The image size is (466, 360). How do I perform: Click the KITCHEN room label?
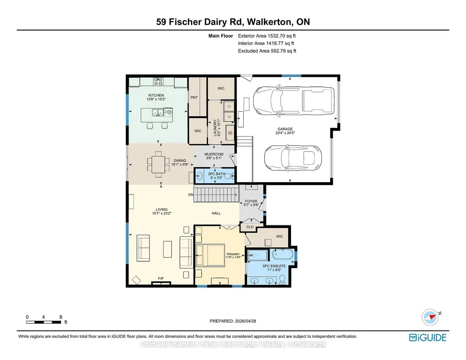pyautogui.click(x=156, y=95)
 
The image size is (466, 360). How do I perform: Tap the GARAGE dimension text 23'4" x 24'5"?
pyautogui.click(x=285, y=133)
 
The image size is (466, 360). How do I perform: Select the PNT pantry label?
pyautogui.click(x=194, y=97)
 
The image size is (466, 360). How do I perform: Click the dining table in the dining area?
pyautogui.click(x=158, y=164)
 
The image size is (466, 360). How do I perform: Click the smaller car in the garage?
pyautogui.click(x=293, y=158)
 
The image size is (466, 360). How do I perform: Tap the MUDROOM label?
pyautogui.click(x=214, y=154)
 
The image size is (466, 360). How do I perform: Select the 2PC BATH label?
pyautogui.click(x=216, y=174)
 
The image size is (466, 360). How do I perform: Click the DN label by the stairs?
pyautogui.click(x=191, y=195)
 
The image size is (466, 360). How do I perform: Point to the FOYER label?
pyautogui.click(x=251, y=201)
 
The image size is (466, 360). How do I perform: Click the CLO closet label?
pyautogui.click(x=250, y=227)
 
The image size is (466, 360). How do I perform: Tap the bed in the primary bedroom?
pyautogui.click(x=210, y=255)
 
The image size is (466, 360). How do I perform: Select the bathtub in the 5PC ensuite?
pyautogui.click(x=283, y=255)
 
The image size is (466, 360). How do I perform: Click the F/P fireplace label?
pyautogui.click(x=161, y=279)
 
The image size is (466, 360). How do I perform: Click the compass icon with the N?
pyautogui.click(x=430, y=317)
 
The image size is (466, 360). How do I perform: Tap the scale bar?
pyautogui.click(x=43, y=322)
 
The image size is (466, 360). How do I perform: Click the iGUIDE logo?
pyautogui.click(x=428, y=337)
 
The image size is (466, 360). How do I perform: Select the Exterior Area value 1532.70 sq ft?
pyautogui.click(x=282, y=35)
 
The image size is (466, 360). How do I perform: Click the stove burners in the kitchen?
pyautogui.click(x=158, y=81)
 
